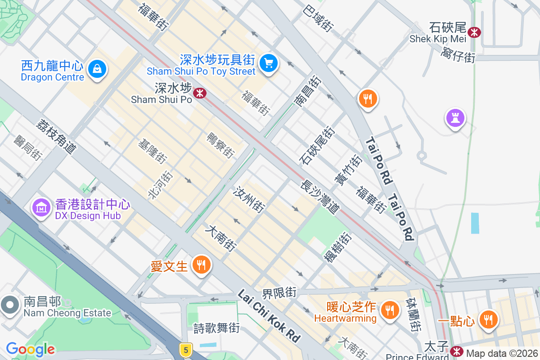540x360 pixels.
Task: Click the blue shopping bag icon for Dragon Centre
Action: click(97, 69)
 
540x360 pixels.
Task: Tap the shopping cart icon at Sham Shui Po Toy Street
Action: click(269, 63)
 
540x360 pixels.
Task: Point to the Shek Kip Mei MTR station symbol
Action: click(474, 32)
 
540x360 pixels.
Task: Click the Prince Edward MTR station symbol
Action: click(457, 351)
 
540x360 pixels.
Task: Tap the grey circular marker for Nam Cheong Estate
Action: click(9, 305)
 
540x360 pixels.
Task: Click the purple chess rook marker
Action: click(455, 118)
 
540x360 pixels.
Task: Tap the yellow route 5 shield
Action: click(185, 349)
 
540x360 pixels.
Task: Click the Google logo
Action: click(30, 349)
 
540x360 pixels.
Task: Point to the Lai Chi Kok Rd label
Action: click(269, 315)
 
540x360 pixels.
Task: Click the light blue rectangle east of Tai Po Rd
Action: click(475, 223)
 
